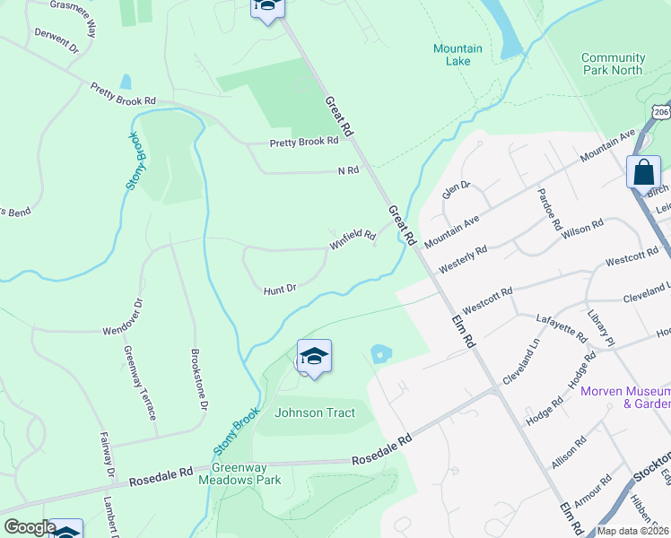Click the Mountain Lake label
457,55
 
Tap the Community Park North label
613,64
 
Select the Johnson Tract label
315,413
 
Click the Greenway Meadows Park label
247,473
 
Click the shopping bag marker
643,171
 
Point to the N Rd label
348,170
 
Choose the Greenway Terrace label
139,383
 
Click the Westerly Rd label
463,260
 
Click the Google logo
30,527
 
